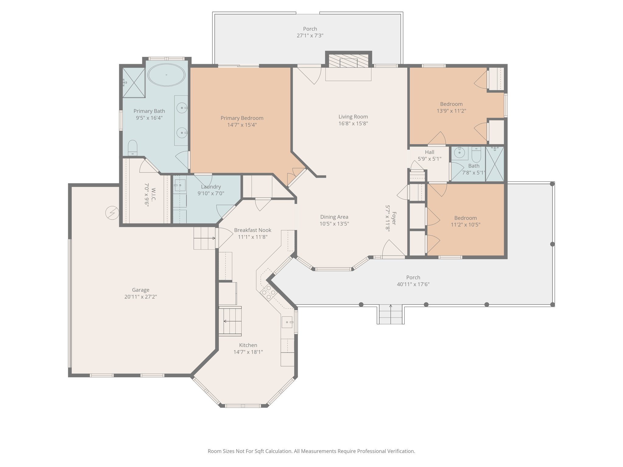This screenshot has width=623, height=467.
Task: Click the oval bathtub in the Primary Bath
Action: tap(166, 75)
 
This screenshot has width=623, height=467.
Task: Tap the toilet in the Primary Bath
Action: tap(133, 148)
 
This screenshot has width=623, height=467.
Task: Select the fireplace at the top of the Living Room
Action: tap(349, 62)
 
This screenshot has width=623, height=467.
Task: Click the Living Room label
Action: tap(353, 117)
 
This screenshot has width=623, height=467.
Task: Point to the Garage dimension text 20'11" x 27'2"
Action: tap(141, 297)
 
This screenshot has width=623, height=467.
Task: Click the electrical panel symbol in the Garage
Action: tap(112, 213)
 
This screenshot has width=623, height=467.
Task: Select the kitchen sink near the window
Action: tap(287, 322)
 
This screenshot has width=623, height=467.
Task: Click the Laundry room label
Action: tap(211, 187)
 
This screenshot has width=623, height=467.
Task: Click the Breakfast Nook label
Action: tap(252, 230)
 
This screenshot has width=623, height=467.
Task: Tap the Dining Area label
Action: tap(334, 217)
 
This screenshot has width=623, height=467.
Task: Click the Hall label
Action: tap(430, 152)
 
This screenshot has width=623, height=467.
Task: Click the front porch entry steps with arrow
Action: tap(391, 314)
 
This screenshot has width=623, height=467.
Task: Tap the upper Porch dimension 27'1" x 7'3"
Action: tap(310, 36)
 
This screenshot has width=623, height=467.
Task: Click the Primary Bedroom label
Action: tap(242, 118)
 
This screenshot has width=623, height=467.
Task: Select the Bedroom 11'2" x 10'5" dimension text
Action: tap(465, 225)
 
